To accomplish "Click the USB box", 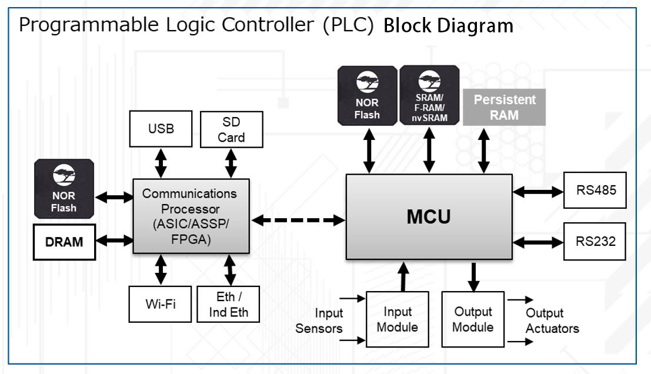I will point(161,128).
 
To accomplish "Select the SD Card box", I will point(231,129).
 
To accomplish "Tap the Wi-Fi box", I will point(161,303).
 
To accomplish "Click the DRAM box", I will point(64,241).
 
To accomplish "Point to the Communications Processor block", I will point(191,216).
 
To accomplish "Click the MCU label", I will point(429,216).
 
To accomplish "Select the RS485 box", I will point(595,190).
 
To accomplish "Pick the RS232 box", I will point(595,241).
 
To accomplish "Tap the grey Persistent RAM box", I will point(505,107).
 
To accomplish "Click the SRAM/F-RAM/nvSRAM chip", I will point(429,95).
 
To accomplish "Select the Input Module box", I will point(398,319).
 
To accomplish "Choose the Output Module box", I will point(472,319).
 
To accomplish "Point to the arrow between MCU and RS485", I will point(538,191).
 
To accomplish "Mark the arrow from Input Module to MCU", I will point(403,277).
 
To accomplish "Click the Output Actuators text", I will point(552,320).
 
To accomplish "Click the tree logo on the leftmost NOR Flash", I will point(64,175).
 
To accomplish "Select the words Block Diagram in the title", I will point(448,26).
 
